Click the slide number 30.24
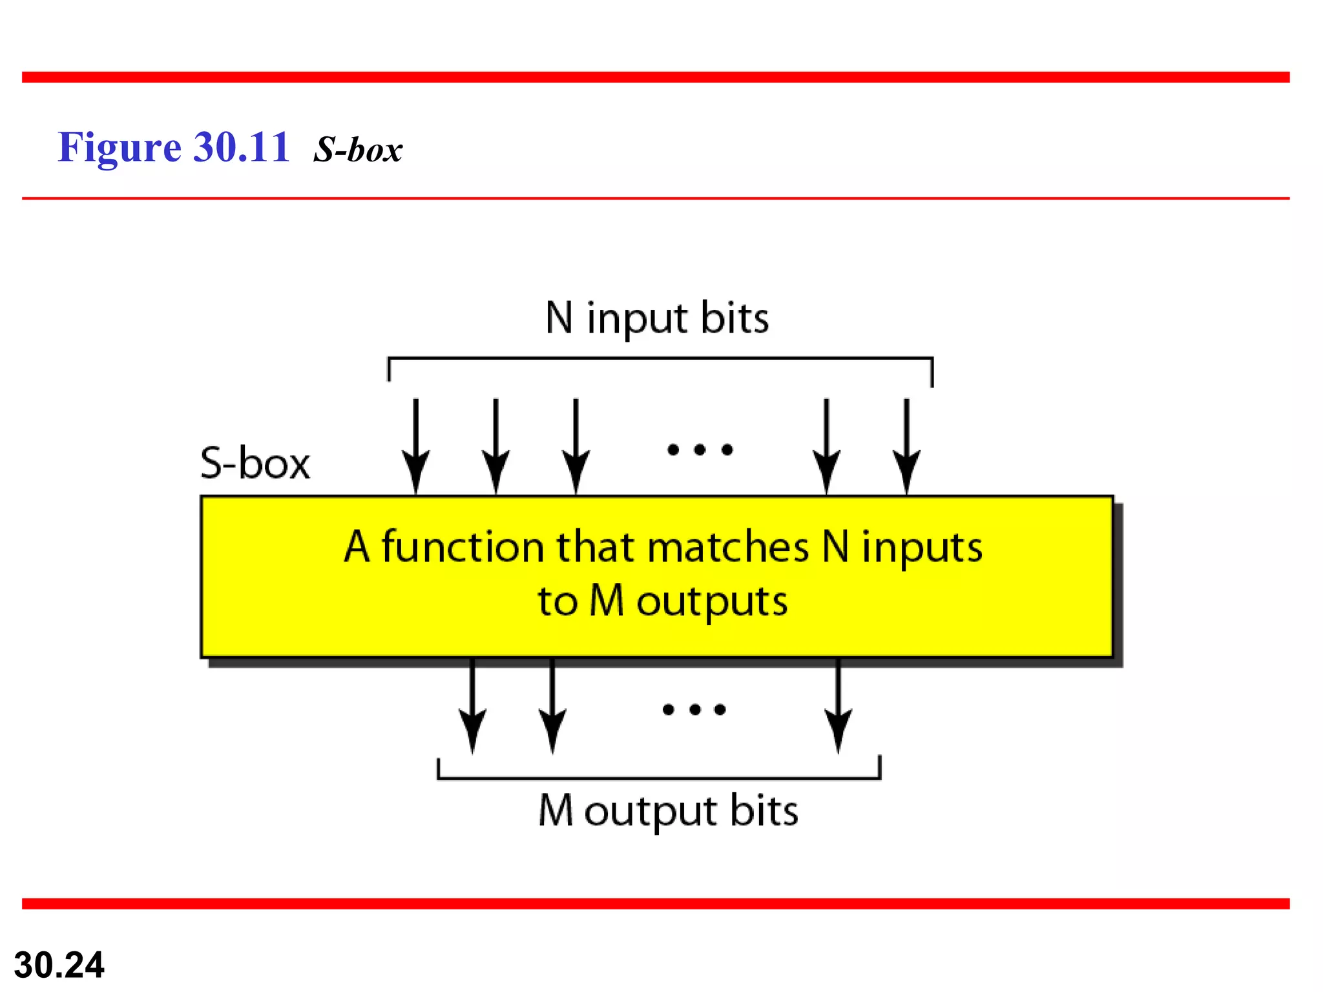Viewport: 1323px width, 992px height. point(59,965)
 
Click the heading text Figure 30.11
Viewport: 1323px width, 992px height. point(173,148)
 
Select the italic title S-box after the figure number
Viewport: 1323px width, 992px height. point(358,150)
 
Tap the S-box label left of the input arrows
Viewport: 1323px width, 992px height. point(255,463)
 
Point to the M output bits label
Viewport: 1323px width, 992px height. point(668,811)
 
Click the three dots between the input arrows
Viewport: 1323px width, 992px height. point(700,449)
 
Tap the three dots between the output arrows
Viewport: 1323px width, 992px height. point(694,710)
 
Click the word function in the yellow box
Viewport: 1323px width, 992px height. point(463,547)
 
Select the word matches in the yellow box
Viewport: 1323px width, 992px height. point(727,547)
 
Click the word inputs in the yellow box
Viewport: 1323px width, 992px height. point(922,548)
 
